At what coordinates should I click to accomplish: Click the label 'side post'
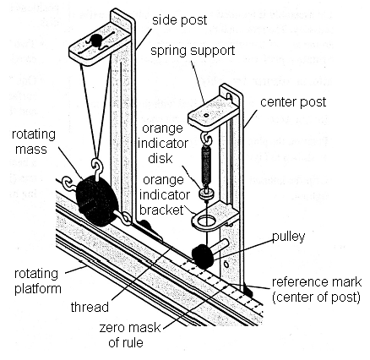point(179,19)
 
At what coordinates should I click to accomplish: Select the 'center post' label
point(295,101)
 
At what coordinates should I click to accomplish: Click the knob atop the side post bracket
point(99,40)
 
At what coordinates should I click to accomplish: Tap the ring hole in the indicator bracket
point(204,221)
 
